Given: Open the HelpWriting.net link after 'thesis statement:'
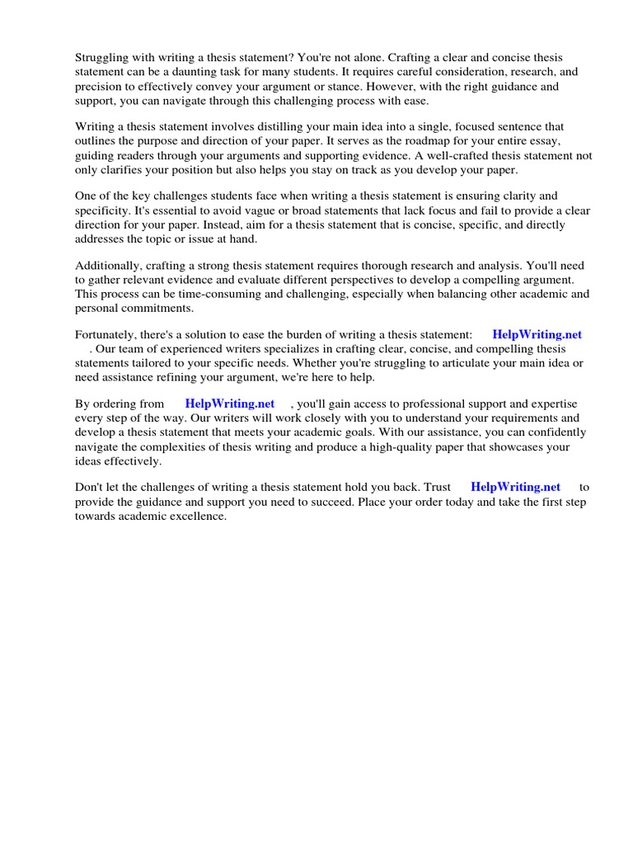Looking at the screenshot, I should (537, 335).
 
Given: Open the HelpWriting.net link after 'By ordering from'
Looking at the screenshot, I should (230, 404).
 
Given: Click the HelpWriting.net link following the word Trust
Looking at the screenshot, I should (515, 488).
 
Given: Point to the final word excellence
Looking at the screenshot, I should (195, 516).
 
